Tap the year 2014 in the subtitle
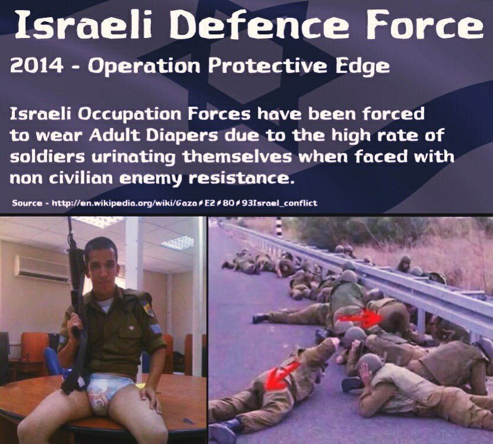37,66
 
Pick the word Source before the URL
27,203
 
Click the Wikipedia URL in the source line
184,204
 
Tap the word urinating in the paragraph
133,157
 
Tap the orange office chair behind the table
34,352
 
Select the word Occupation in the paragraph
130,115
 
